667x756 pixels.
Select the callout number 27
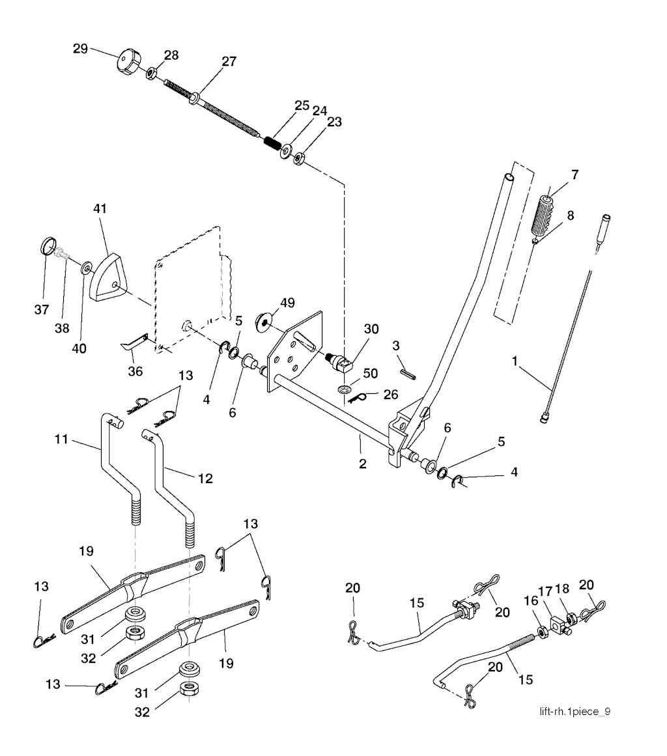pyautogui.click(x=229, y=61)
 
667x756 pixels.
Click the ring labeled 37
pyautogui.click(x=48, y=247)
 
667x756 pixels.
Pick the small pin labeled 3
pyautogui.click(x=409, y=372)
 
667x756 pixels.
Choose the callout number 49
pyautogui.click(x=287, y=303)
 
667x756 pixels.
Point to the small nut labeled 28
pyautogui.click(x=150, y=72)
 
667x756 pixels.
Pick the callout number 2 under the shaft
pyautogui.click(x=362, y=464)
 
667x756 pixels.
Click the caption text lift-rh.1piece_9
pyautogui.click(x=575, y=710)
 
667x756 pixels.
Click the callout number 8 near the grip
pyautogui.click(x=571, y=215)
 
